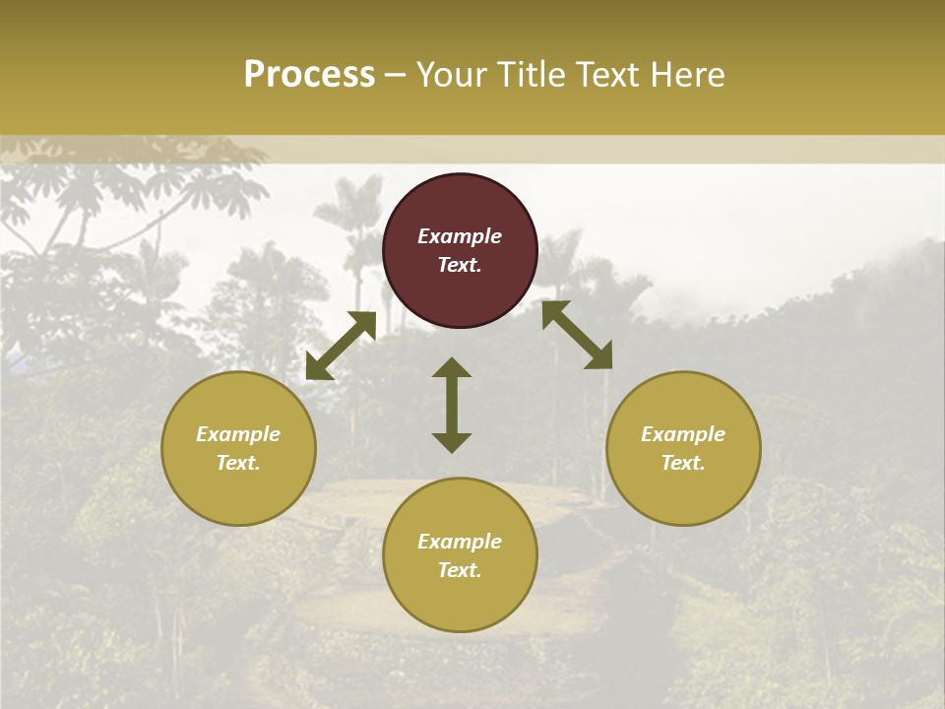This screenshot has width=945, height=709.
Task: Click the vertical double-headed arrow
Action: click(x=452, y=405)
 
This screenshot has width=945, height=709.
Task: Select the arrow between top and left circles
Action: click(x=341, y=346)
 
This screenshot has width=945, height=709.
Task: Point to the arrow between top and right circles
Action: click(x=577, y=335)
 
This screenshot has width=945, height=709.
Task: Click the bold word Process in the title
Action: click(x=309, y=75)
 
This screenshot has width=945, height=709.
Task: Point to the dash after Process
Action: click(x=395, y=76)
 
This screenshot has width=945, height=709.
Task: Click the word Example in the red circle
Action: click(x=460, y=236)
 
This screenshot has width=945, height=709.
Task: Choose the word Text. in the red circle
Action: click(x=460, y=265)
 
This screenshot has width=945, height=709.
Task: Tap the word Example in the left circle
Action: click(x=238, y=434)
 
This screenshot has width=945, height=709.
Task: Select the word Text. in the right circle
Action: click(x=683, y=463)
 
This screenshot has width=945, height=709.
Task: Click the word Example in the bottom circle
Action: click(x=460, y=542)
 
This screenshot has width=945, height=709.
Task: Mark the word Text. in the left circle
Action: click(x=238, y=463)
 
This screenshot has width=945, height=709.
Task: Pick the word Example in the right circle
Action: click(x=683, y=434)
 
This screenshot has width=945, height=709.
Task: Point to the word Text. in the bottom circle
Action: click(x=460, y=570)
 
